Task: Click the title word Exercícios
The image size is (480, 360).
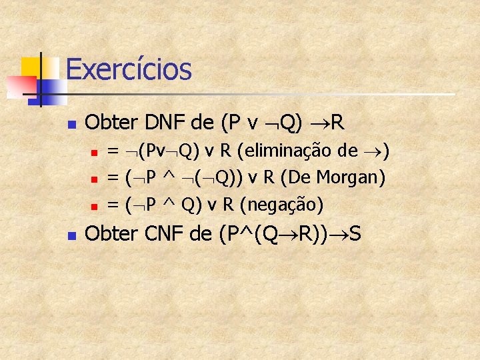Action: (129, 69)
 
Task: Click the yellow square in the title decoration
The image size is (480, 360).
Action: (31, 67)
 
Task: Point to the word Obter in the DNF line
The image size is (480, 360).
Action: (109, 123)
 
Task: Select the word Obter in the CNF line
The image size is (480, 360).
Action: (109, 235)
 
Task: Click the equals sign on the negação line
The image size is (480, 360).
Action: (113, 204)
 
